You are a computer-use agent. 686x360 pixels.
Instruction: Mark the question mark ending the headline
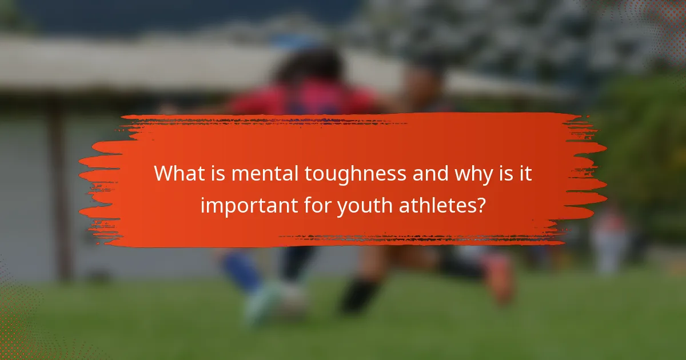click(481, 204)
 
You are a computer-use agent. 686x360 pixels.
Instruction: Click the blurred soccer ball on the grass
click(286, 300)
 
